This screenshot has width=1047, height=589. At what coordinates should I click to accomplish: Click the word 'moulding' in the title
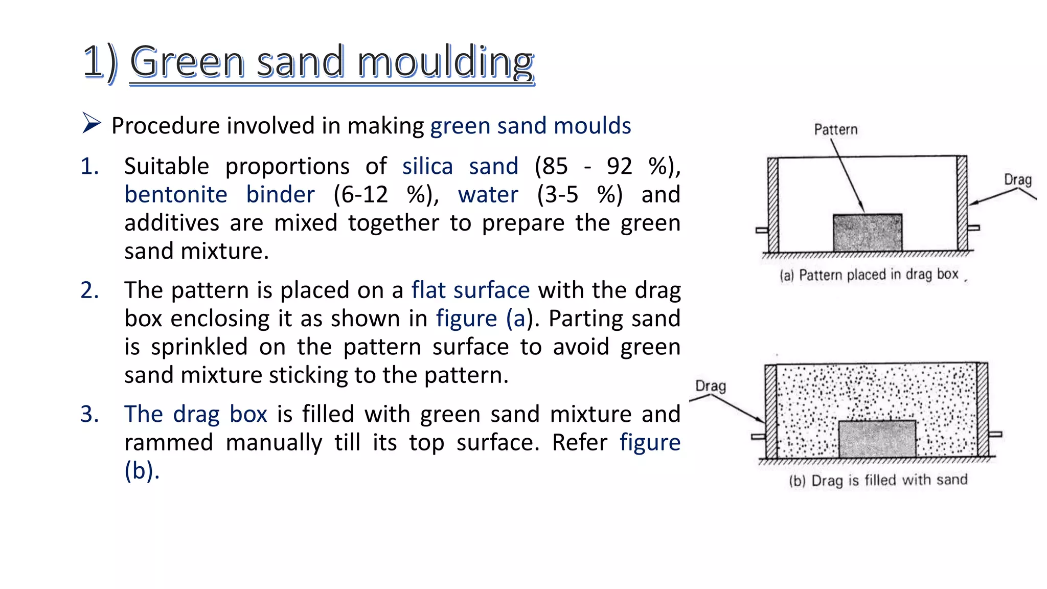point(445,62)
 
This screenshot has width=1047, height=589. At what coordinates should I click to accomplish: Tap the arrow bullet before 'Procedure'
point(91,124)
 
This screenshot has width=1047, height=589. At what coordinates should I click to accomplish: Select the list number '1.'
point(90,167)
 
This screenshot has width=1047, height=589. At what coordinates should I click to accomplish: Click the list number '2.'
point(90,290)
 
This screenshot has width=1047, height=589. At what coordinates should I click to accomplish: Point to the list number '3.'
point(90,414)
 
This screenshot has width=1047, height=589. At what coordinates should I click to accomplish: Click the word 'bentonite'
point(176,195)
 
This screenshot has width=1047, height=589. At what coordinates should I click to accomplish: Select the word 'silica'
point(427,167)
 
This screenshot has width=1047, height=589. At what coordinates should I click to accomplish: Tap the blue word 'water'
point(488,195)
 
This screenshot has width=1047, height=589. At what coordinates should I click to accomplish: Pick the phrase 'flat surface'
point(470,290)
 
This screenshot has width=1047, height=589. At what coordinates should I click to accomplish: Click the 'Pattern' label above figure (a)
point(836,130)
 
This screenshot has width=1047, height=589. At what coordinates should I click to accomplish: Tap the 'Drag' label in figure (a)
point(1018,180)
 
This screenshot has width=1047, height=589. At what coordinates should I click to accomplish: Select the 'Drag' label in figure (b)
point(711,386)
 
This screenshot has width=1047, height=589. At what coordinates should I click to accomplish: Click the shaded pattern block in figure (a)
point(868,233)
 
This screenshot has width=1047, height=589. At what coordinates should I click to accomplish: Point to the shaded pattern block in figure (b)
point(877,439)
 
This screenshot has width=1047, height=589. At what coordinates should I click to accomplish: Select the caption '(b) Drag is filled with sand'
point(878,481)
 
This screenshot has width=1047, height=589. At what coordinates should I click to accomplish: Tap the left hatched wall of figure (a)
point(773,205)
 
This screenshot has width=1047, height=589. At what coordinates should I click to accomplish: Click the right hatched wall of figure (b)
point(982,410)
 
